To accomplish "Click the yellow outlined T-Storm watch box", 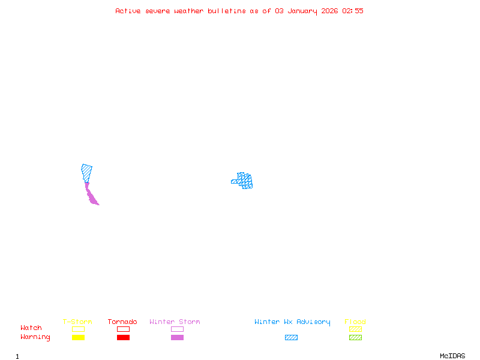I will tap(78, 329).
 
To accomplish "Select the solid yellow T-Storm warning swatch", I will tap(78, 338).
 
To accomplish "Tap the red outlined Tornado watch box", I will tap(123, 329).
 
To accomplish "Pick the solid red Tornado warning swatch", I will tap(123, 338).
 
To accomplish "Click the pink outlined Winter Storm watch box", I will tap(177, 329).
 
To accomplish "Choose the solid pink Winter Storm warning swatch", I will tap(177, 338).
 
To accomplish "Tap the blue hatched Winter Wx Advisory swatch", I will tap(291, 338).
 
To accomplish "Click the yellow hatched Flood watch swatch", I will tap(355, 329).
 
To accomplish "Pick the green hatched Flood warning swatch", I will tap(355, 338).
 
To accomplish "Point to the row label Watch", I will tap(31, 328).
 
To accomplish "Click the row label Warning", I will tap(35, 337).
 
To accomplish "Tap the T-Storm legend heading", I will tap(77, 322).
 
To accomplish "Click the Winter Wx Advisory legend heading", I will tap(292, 322).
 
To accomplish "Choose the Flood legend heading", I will tap(355, 322).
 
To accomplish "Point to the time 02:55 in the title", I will tap(353, 11).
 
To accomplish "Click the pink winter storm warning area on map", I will tap(91, 196).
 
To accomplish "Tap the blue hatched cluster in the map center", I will tap(244, 180).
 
